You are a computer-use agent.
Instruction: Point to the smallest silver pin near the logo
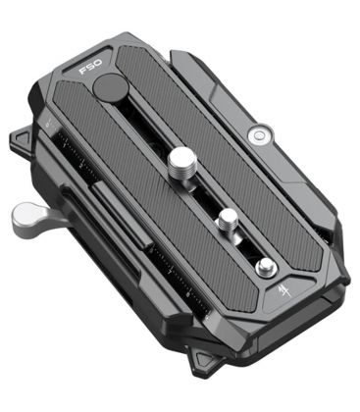tap(263, 266)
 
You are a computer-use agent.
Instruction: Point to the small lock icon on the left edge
tap(46, 125)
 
